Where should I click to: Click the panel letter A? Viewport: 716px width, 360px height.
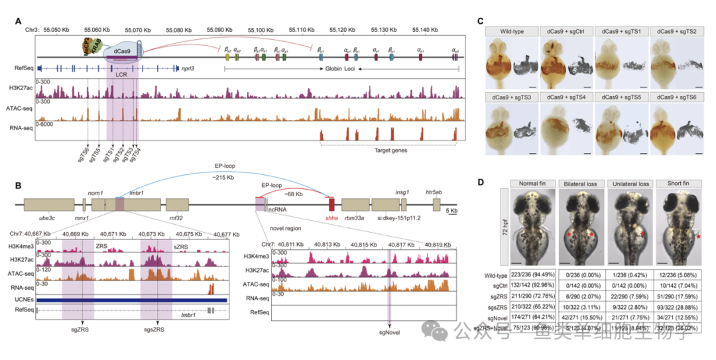pyautogui.click(x=20, y=21)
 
